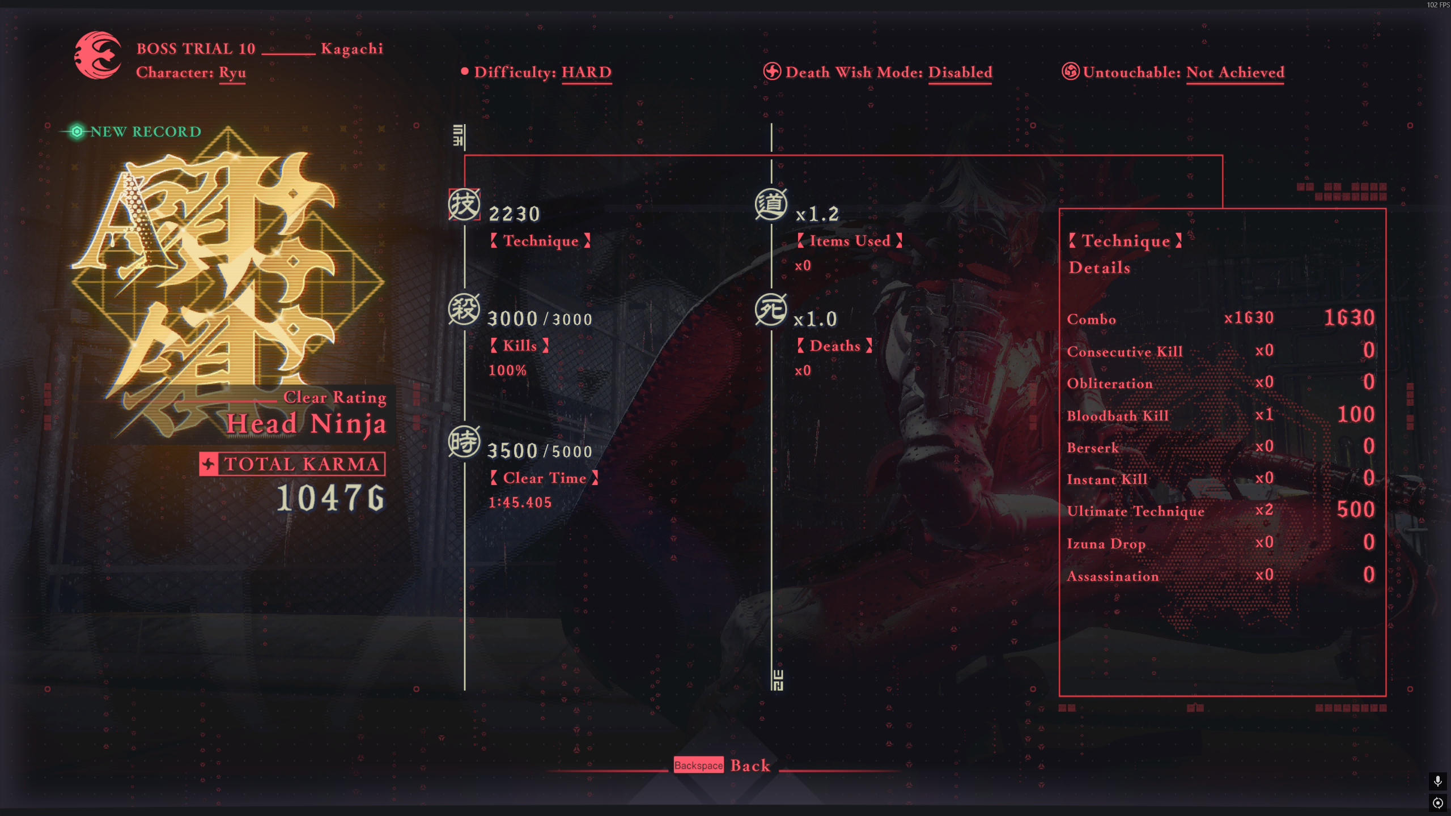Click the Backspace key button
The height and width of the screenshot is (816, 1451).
(698, 766)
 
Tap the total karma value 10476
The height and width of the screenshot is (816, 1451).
(331, 498)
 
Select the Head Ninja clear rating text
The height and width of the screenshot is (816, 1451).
(306, 424)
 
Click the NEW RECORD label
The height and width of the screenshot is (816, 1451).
(146, 131)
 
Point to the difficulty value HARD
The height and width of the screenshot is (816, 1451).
(587, 73)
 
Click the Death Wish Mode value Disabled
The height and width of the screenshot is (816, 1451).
(960, 73)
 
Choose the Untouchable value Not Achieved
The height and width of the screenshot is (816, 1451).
(1235, 73)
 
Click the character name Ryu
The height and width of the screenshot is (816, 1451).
(232, 73)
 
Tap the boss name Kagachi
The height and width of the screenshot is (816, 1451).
(352, 49)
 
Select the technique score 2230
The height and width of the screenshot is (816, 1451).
(514, 214)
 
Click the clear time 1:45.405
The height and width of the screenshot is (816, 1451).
(520, 503)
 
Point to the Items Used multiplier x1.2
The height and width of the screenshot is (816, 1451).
(817, 214)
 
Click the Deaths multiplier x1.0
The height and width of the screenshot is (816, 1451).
(816, 320)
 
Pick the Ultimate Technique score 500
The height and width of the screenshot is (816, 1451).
(1355, 510)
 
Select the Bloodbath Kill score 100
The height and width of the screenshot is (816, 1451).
(1356, 415)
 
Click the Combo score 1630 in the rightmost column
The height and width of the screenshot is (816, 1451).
(1349, 318)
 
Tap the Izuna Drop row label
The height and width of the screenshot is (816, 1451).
(1106, 544)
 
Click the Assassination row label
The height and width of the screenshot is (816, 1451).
(1113, 576)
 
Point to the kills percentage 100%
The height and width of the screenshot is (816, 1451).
(507, 371)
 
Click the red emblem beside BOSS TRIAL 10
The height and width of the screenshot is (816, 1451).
(97, 56)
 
